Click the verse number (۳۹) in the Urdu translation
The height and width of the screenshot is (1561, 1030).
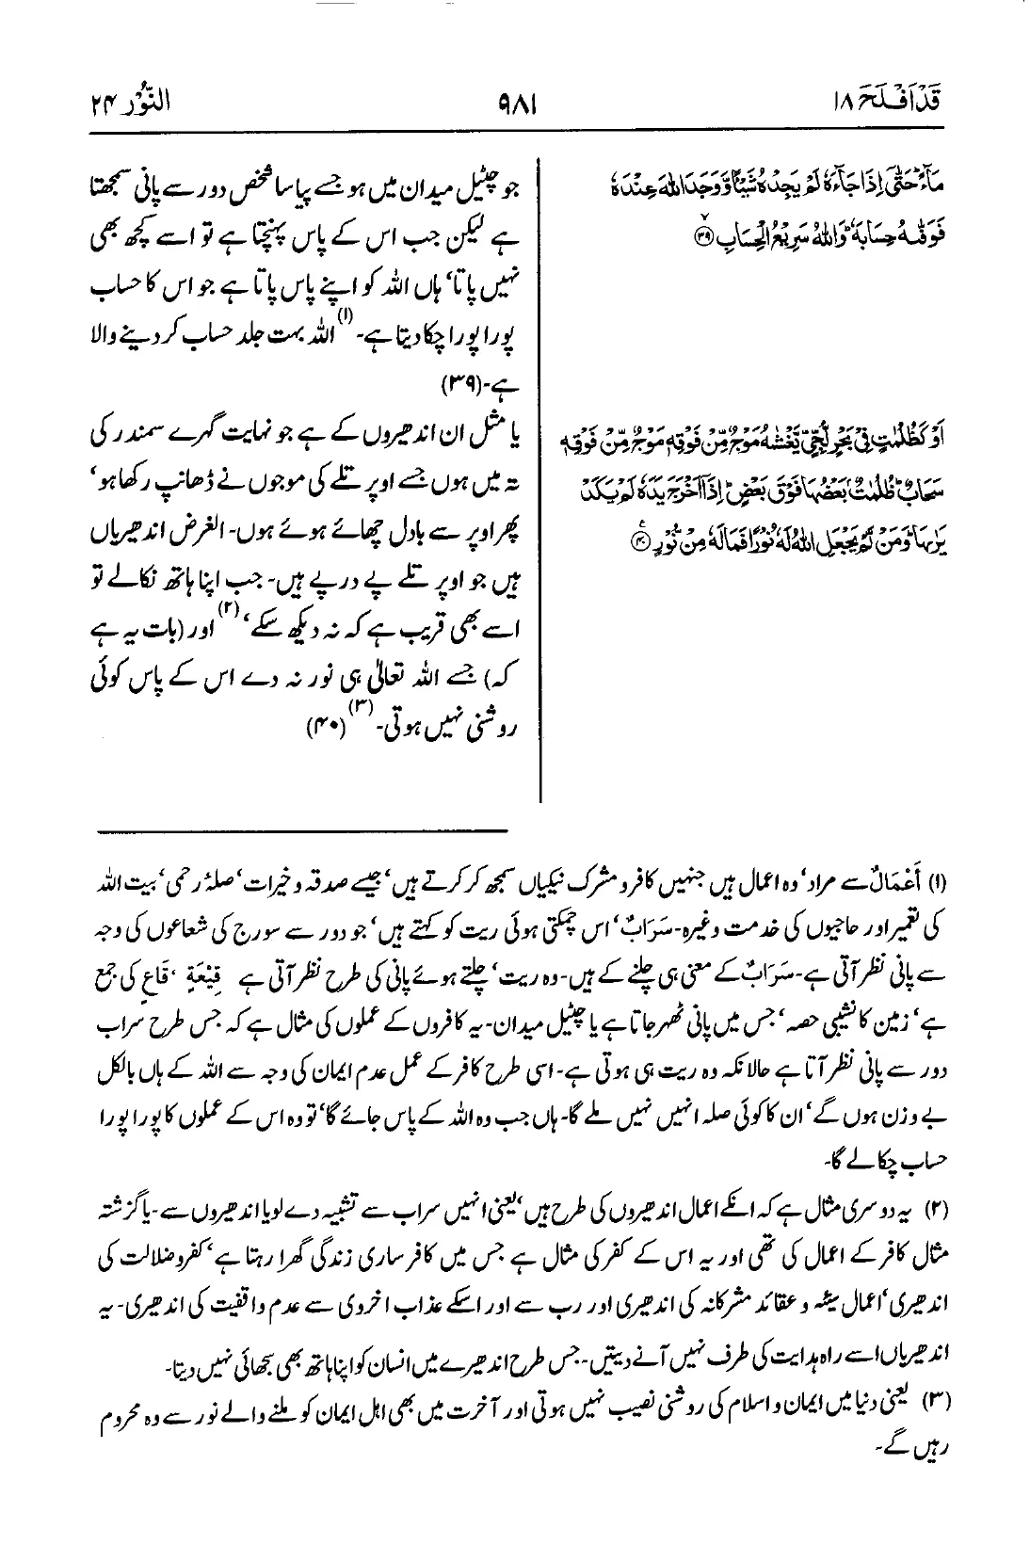(x=459, y=388)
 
